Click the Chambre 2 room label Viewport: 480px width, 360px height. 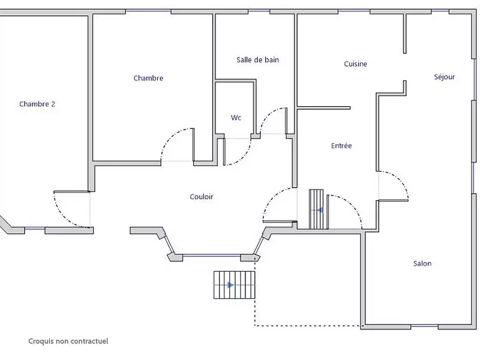pyautogui.click(x=37, y=104)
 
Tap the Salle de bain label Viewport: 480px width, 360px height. pyautogui.click(x=258, y=59)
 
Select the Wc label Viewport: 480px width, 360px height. pyautogui.click(x=236, y=118)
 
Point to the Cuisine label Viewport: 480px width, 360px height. pyautogui.click(x=355, y=64)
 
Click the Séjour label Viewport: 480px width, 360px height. pyautogui.click(x=444, y=77)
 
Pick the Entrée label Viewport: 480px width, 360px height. pyautogui.click(x=341, y=145)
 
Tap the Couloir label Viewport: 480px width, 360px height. pyautogui.click(x=202, y=197)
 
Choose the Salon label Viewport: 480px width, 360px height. pyautogui.click(x=422, y=263)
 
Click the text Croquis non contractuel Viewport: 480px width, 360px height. pyautogui.click(x=68, y=341)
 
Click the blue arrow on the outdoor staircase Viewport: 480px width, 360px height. pyautogui.click(x=230, y=286)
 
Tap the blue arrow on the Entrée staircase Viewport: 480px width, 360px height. pyautogui.click(x=320, y=211)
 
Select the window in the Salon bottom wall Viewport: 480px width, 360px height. pyautogui.click(x=424, y=326)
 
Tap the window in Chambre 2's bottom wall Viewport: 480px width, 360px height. pyautogui.click(x=35, y=229)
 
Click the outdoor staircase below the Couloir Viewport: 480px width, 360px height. pyautogui.click(x=234, y=285)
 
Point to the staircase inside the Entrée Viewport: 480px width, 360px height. pyautogui.click(x=316, y=209)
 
